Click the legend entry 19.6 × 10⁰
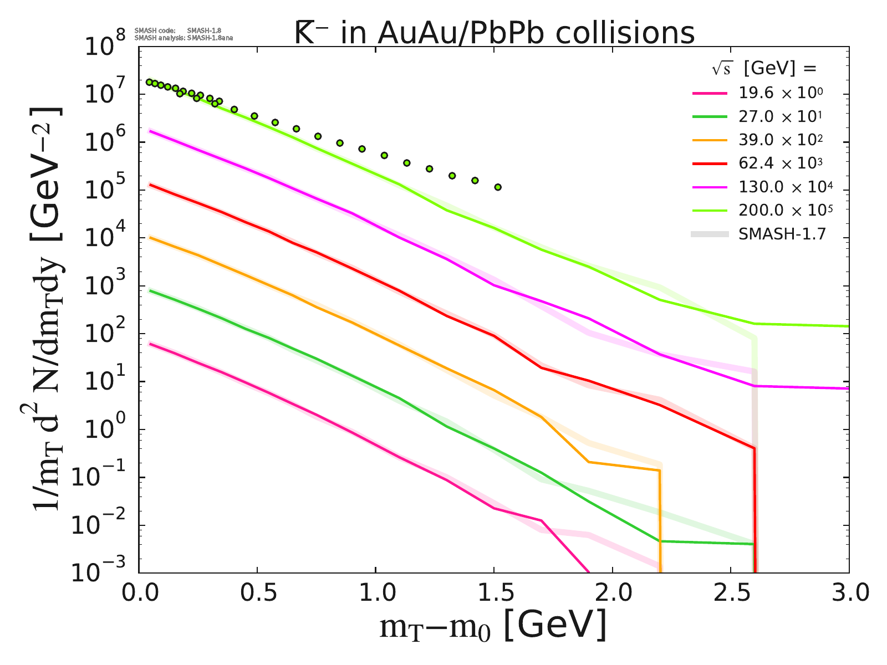click(779, 93)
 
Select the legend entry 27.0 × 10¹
click(779, 117)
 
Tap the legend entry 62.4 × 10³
click(779, 163)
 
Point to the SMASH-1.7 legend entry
click(782, 234)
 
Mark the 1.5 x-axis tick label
click(493, 594)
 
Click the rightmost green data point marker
click(498, 187)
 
